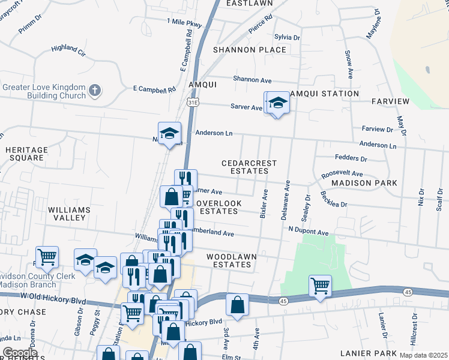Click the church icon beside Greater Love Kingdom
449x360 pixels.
point(94,91)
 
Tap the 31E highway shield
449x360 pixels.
point(191,103)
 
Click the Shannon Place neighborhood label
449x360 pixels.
point(249,49)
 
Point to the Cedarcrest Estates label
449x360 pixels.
point(249,167)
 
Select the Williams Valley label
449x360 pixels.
point(70,214)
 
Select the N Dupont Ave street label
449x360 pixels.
point(309,232)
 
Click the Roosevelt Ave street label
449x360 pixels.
point(342,173)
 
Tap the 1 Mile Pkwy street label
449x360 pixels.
point(184,23)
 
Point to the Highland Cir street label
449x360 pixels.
point(68,49)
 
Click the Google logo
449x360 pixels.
point(20,353)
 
